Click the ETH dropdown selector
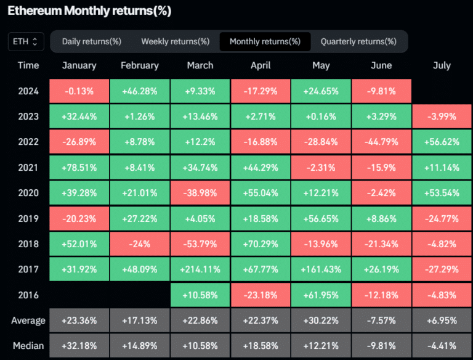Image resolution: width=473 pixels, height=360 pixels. point(26,42)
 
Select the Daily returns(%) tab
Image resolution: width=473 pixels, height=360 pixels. point(92,42)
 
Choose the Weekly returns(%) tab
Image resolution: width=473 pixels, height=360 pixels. point(175,42)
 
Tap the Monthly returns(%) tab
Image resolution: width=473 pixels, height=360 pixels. point(265,42)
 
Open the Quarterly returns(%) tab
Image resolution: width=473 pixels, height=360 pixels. point(358,42)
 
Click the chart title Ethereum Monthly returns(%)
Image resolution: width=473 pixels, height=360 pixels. point(89,11)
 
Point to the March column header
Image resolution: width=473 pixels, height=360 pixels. point(200,65)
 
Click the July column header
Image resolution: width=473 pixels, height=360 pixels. point(442,65)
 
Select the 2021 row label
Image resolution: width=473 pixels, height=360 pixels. point(28,168)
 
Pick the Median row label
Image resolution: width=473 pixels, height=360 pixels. point(28,346)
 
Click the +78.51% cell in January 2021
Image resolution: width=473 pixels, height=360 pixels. point(79,168)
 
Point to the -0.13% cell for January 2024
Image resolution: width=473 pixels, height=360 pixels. point(79,91)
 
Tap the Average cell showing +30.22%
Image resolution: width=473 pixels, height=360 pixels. point(320,321)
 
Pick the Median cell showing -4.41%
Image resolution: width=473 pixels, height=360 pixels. point(442,346)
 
